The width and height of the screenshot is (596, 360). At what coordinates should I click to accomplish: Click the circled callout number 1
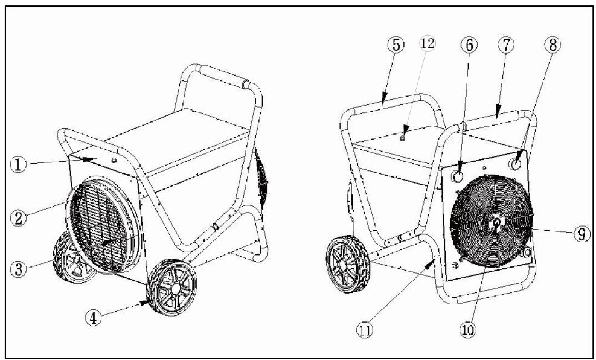click(x=18, y=165)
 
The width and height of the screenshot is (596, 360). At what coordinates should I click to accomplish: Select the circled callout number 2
click(x=18, y=218)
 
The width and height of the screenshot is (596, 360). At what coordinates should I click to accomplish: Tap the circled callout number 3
click(x=18, y=269)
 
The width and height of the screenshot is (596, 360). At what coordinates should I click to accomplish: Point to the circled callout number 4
click(x=94, y=318)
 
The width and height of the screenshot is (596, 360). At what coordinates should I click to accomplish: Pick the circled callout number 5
click(x=396, y=45)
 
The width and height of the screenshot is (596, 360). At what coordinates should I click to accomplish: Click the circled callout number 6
click(x=469, y=45)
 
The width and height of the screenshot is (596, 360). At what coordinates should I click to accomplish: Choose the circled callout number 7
click(x=506, y=45)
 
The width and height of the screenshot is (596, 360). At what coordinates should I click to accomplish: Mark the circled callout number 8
click(x=553, y=45)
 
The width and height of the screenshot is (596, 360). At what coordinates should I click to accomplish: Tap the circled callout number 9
click(x=582, y=233)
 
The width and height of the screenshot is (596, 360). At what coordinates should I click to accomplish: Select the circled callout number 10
click(x=468, y=330)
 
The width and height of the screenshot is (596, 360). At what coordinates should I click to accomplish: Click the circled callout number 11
click(x=365, y=330)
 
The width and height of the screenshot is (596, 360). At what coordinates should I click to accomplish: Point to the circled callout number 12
click(x=428, y=43)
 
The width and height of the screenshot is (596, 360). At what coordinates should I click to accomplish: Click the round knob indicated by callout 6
click(x=458, y=176)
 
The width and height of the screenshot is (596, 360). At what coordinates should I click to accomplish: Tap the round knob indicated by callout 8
click(x=516, y=164)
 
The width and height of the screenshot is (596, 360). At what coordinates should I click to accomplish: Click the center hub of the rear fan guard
click(x=496, y=222)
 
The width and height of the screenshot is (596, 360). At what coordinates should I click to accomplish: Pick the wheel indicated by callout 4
click(x=172, y=288)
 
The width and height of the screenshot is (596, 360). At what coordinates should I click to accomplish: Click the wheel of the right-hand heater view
click(x=348, y=265)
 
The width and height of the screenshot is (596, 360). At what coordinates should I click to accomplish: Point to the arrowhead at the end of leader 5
click(x=384, y=98)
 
